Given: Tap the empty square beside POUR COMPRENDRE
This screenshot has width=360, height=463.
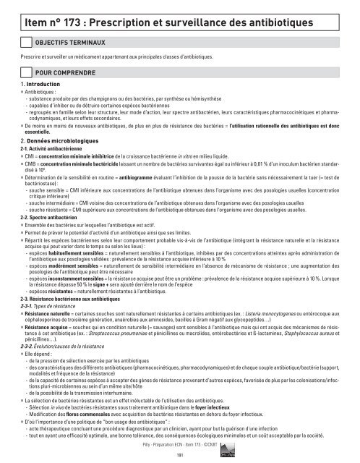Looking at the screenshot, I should click(x=27, y=73).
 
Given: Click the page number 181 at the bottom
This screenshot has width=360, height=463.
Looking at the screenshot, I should click(x=179, y=454).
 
